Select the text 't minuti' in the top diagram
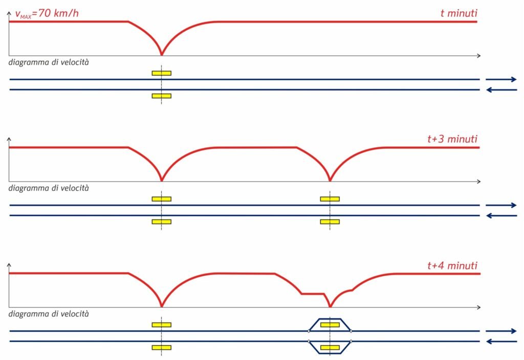[458, 13]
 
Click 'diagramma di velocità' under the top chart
[49, 62]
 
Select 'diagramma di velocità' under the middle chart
[49, 188]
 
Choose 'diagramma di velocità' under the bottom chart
[49, 313]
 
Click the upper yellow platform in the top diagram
[161, 73]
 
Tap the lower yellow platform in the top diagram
[161, 96]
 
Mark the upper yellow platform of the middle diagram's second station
[330, 199]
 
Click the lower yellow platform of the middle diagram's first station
[161, 221]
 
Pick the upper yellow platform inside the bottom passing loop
[330, 324]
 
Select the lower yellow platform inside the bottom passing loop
[330, 348]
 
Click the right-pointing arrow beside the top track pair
[501, 79]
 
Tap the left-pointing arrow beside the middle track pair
[501, 216]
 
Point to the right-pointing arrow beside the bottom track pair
[501, 331]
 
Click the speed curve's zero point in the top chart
[162, 54]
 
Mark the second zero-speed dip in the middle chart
[330, 180]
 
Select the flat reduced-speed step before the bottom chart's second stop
[312, 294]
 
